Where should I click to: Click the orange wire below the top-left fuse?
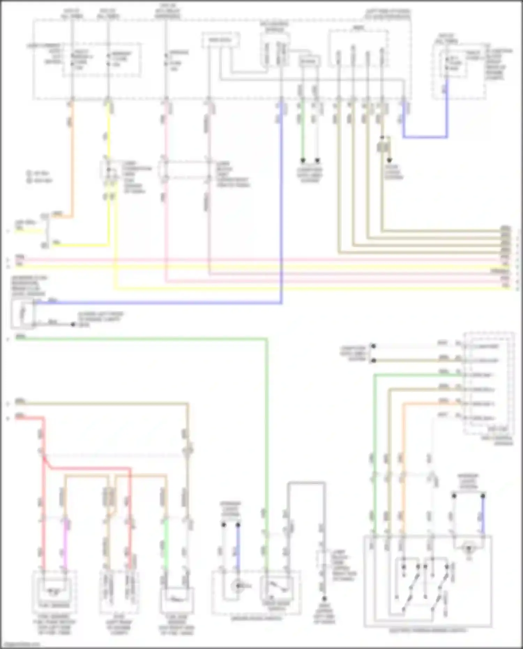point(72,157)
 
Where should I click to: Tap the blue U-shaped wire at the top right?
point(425,137)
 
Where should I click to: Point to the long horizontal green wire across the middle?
point(139,338)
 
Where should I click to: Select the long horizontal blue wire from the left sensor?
point(157,303)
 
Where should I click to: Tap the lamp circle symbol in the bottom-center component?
point(238,586)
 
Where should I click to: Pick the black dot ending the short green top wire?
point(303,160)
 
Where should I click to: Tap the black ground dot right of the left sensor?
point(73,324)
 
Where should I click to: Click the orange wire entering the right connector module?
point(432,404)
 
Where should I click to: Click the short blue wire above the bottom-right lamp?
point(483,514)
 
